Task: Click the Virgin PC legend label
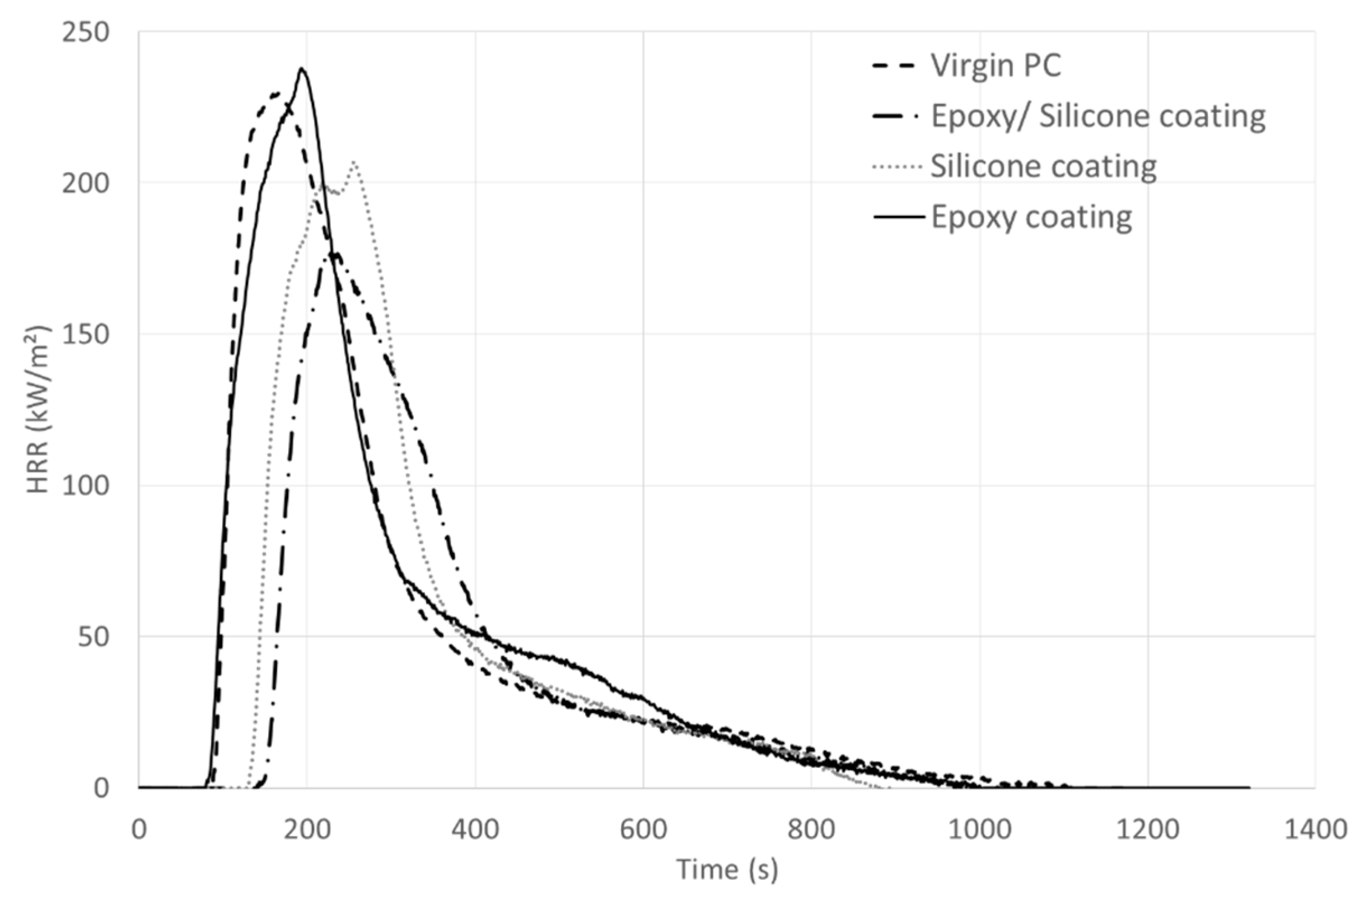(995, 65)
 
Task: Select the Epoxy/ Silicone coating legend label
(1098, 116)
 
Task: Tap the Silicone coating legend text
(1044, 167)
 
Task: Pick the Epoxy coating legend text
(1031, 217)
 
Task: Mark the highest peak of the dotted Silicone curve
(354, 162)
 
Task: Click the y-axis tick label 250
(85, 32)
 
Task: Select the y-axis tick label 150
(85, 334)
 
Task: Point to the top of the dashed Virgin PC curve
(275, 93)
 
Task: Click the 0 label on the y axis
(101, 788)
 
